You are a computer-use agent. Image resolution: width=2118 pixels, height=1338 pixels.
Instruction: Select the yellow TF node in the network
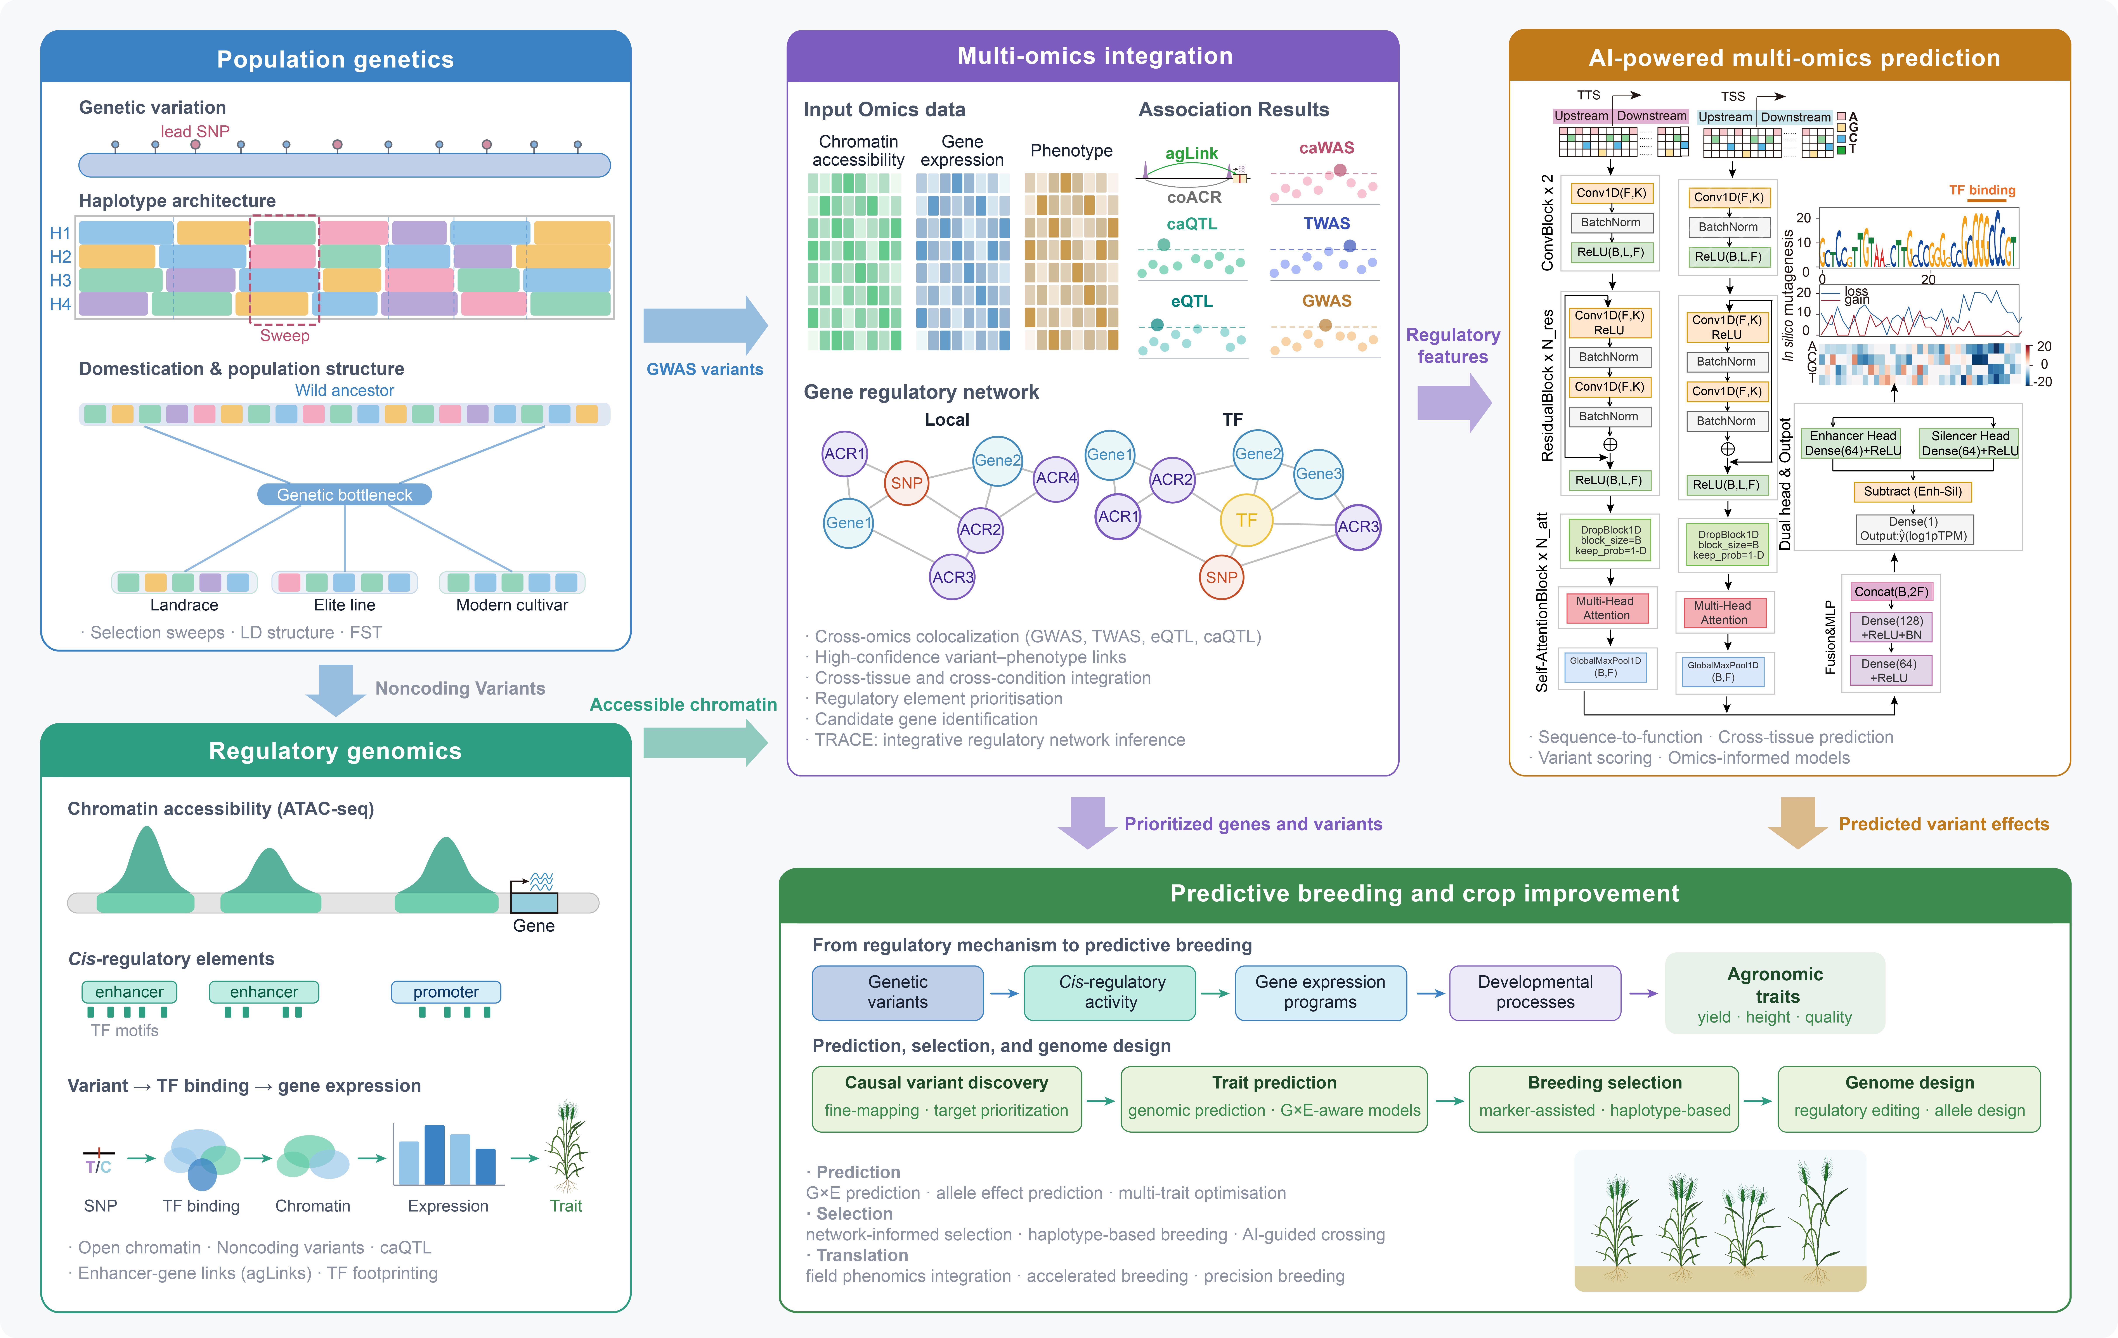pos(1246,520)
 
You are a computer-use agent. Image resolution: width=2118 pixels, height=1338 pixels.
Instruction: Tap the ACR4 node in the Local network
pos(1056,478)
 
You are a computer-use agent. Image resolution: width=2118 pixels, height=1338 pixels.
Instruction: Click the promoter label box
pos(446,991)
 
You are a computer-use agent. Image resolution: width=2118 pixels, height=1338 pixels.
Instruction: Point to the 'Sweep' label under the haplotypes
pos(284,335)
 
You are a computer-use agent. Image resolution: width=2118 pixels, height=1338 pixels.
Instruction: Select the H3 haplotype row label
pos(60,280)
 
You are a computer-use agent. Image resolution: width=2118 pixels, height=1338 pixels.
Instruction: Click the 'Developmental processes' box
pos(1535,992)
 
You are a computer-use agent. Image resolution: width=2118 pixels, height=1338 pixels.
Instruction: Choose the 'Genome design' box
pos(1909,1098)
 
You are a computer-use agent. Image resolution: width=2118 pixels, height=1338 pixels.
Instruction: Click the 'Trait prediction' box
pos(1274,1098)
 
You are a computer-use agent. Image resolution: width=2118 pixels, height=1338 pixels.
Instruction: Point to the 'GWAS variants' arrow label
pos(705,369)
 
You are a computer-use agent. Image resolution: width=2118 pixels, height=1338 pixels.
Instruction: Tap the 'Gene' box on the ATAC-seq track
pos(534,902)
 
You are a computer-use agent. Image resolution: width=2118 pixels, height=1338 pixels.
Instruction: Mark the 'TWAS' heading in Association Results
pos(1326,224)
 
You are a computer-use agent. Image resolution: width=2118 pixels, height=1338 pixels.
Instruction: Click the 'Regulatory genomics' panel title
pos(335,750)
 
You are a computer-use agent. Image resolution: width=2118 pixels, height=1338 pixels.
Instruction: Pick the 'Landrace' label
pos(184,605)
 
